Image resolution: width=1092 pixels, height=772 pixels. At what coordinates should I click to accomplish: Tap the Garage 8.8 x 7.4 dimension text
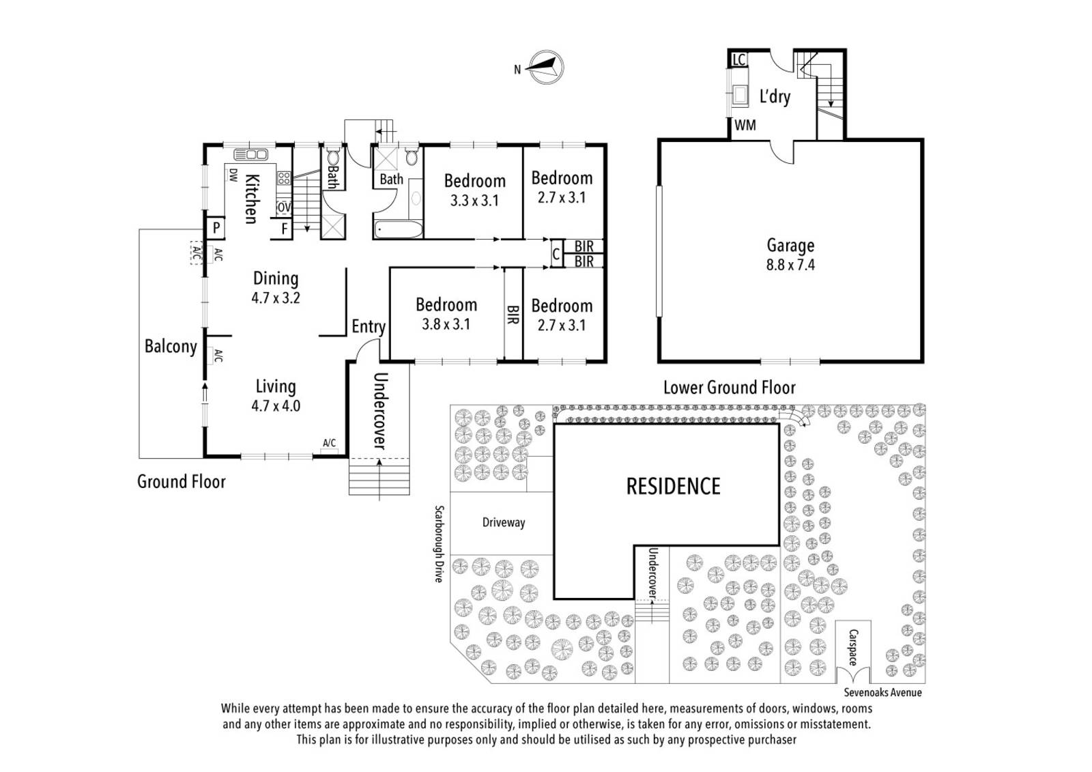790,265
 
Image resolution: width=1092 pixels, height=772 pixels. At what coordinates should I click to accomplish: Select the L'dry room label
775,96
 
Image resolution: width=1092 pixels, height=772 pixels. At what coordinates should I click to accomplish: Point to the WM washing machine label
745,125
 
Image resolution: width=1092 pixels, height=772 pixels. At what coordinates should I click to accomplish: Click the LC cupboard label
738,60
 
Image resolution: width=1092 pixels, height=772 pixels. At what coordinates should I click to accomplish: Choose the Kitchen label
251,199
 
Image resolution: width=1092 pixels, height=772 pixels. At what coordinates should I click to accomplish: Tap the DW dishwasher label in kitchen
233,175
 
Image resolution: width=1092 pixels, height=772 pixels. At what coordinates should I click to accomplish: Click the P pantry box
216,227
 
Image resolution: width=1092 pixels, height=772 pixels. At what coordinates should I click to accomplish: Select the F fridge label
284,228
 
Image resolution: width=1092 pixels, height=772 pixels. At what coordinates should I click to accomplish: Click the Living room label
276,386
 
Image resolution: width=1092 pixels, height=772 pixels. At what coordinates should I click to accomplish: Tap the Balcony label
171,347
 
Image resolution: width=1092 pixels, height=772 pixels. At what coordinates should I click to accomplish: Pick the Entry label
369,327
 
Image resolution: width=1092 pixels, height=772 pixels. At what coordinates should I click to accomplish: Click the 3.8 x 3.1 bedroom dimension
446,324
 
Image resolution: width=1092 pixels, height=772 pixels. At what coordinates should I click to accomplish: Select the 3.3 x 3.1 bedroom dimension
474,201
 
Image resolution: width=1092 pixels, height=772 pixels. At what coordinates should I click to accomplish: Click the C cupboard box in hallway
556,255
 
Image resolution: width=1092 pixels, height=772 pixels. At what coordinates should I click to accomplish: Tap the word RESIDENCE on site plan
674,486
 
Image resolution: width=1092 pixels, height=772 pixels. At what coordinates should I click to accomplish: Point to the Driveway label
504,523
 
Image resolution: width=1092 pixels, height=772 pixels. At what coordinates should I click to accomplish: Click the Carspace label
853,648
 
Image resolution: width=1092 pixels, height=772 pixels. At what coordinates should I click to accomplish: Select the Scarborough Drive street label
439,543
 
